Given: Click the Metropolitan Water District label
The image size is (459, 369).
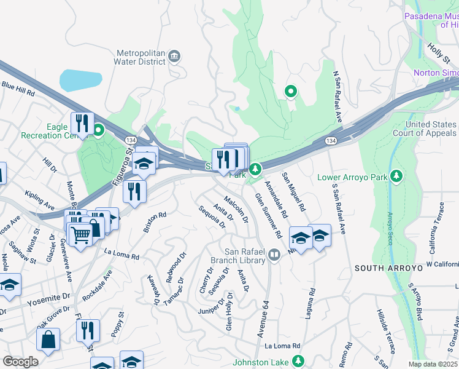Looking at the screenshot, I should [x=140, y=57].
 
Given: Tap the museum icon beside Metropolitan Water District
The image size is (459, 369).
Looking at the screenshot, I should [x=174, y=57].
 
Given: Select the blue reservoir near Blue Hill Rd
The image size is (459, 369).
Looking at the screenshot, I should [x=80, y=80].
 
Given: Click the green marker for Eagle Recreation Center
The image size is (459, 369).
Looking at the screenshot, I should [x=98, y=130].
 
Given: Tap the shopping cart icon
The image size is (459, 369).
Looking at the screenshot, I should [x=79, y=234].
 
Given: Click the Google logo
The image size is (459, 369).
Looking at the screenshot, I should [x=20, y=362].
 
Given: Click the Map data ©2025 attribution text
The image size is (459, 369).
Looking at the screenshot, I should [x=433, y=364].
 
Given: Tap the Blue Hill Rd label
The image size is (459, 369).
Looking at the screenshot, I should [x=18, y=89].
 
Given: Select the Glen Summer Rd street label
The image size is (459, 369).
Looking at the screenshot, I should [x=268, y=215].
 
